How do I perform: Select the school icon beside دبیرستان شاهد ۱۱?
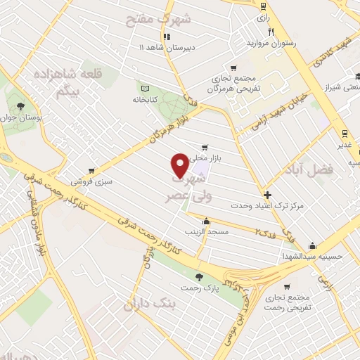pyautogui.click(x=167, y=37)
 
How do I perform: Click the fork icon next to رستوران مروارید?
pyautogui.click(x=270, y=32)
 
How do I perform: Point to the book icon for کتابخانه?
pyautogui.click(x=144, y=89)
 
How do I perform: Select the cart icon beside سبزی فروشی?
pyautogui.click(x=93, y=171)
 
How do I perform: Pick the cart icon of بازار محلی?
pyautogui.click(x=205, y=148)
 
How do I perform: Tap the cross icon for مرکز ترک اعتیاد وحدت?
pyautogui.click(x=267, y=195)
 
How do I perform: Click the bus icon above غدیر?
pyautogui.click(x=344, y=133)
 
